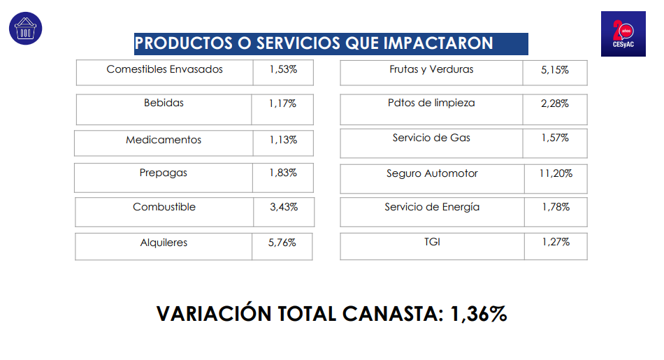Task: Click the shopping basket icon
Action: [25, 29]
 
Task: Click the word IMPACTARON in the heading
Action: [438, 43]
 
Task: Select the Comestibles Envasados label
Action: [164, 69]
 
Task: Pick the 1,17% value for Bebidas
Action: [282, 103]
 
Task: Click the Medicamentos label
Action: [164, 140]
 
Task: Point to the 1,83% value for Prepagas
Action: [283, 173]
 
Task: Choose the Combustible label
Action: [164, 207]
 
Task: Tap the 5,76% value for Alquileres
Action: [282, 243]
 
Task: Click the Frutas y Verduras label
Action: [431, 69]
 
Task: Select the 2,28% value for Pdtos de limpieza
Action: [555, 103]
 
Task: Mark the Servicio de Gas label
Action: [431, 138]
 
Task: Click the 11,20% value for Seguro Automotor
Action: [556, 173]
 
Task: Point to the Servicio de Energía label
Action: [432, 207]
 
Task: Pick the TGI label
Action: [432, 242]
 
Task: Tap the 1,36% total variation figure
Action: [479, 314]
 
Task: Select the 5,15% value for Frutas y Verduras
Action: [555, 70]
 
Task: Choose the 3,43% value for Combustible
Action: [283, 207]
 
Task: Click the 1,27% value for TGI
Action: [556, 242]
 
